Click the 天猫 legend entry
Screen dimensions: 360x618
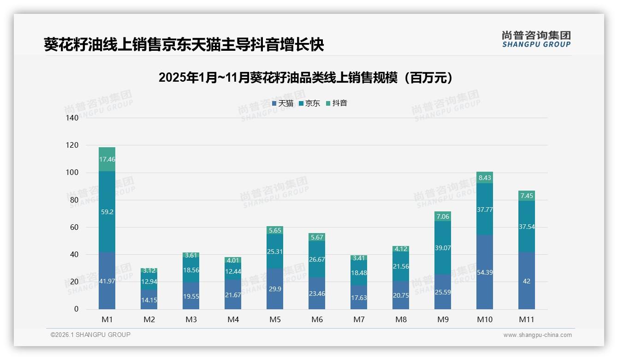click(x=283, y=103)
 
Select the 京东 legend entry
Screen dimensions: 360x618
click(x=309, y=103)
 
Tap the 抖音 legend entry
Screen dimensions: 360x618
click(x=337, y=103)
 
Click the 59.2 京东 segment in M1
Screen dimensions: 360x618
click(x=107, y=212)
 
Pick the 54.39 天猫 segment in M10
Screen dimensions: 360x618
click(x=485, y=272)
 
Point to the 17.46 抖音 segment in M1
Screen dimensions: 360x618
click(x=107, y=159)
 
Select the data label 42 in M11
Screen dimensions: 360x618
click(x=527, y=281)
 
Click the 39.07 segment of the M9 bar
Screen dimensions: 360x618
click(x=443, y=248)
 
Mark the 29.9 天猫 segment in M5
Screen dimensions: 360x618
click(x=275, y=288)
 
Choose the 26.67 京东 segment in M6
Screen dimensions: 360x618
click(x=317, y=259)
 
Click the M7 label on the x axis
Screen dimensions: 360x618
click(x=359, y=319)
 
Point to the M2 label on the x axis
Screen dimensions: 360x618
click(x=149, y=319)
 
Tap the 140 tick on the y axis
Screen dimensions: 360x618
click(x=72, y=118)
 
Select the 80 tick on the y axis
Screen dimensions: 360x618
click(x=74, y=200)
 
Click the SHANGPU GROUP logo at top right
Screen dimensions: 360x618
click(x=536, y=39)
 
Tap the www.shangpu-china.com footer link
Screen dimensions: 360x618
click(x=537, y=335)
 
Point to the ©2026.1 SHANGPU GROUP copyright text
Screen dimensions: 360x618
click(x=90, y=335)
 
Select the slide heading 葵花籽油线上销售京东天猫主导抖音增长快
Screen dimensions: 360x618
click(x=184, y=45)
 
